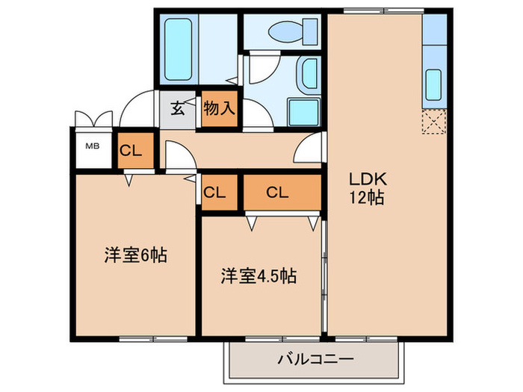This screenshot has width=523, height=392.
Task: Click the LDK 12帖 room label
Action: point(365,189)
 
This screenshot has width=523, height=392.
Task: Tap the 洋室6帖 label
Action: point(134,255)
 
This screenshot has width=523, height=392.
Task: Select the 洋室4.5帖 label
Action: point(259,276)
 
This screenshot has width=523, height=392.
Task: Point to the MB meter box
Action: point(91,146)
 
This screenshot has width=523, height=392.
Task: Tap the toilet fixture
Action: point(283,32)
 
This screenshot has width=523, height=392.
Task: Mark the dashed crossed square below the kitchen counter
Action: point(433,121)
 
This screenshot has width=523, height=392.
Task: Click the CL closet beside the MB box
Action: point(131,148)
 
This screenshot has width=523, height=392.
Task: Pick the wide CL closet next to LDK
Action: point(276,193)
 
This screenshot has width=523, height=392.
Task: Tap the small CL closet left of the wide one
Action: point(215,193)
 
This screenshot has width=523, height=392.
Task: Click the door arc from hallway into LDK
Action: point(309,149)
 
